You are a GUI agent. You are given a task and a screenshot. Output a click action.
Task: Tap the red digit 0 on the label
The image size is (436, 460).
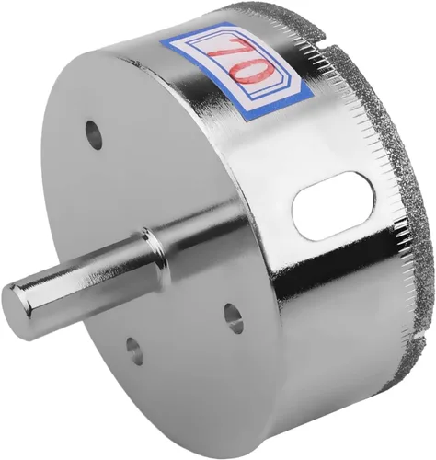tap(253, 72)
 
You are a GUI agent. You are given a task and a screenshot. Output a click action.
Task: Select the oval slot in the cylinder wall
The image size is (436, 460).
tap(334, 205)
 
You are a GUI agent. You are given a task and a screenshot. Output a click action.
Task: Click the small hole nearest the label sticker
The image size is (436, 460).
tap(94, 135)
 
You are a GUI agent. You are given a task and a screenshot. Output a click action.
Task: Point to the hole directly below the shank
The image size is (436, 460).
tap(134, 351)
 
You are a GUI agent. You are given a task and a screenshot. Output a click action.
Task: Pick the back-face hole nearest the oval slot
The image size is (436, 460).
tap(234, 318)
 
